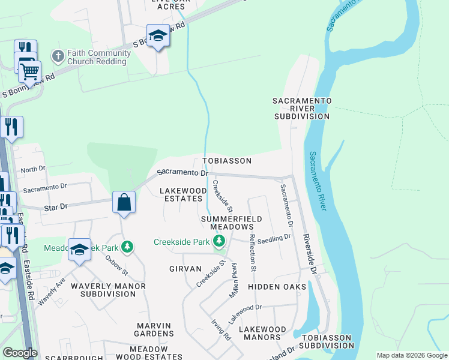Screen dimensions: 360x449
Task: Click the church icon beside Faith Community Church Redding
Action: (58, 56)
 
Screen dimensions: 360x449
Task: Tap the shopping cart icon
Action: (29, 71)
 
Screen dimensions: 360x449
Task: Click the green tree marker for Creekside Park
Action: (219, 242)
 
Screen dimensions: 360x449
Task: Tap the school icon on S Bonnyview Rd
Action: (158, 35)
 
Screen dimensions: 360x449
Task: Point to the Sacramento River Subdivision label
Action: (301, 108)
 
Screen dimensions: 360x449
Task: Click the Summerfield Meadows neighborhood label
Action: (231, 223)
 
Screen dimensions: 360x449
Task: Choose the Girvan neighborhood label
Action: (185, 269)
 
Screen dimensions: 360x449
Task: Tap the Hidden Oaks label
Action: (277, 287)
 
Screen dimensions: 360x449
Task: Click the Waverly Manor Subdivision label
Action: (108, 290)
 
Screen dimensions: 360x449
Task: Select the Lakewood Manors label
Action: (263, 334)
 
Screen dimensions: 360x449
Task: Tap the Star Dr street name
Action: (56, 206)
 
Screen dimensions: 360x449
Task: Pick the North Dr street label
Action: (32, 170)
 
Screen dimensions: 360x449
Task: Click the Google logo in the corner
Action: (20, 353)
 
